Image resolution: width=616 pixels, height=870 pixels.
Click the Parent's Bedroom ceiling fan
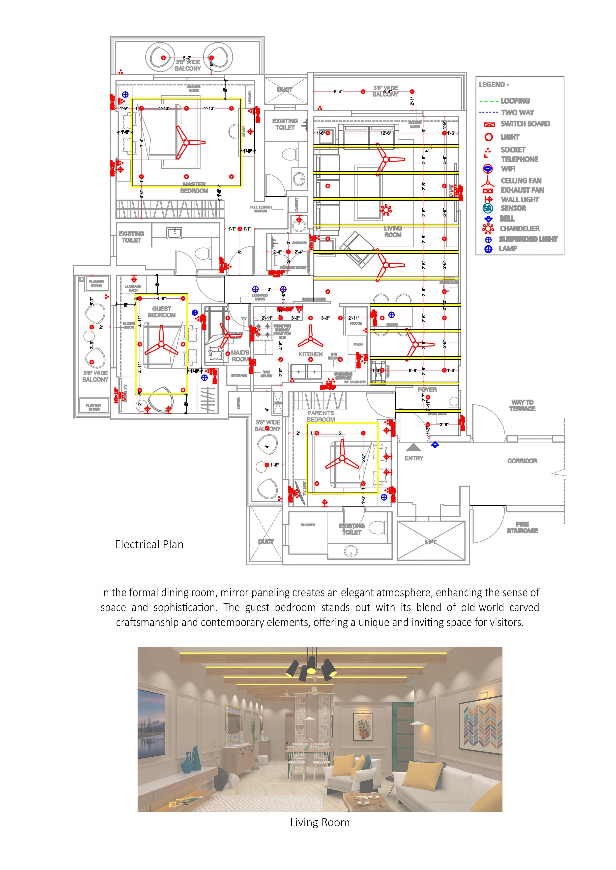coord(342,459)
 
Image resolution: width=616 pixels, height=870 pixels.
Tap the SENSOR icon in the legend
coord(488,208)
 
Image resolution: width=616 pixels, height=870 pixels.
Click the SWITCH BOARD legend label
coord(525,124)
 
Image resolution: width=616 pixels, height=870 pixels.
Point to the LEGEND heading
coord(494,85)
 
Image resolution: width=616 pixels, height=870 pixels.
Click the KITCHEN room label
coord(310,354)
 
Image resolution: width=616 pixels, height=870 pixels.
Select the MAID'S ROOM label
coord(240,356)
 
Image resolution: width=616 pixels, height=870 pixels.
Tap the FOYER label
coord(427,390)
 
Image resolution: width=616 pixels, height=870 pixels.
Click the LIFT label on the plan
coord(431,542)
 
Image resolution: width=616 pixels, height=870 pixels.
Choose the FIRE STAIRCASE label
coord(522,528)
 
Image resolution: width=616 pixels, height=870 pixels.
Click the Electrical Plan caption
coord(149,544)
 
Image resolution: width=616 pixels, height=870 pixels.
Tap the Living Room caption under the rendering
coord(320,822)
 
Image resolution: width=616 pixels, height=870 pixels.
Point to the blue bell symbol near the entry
coord(435,444)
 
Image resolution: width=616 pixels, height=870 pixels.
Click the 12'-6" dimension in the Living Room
coord(385,133)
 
